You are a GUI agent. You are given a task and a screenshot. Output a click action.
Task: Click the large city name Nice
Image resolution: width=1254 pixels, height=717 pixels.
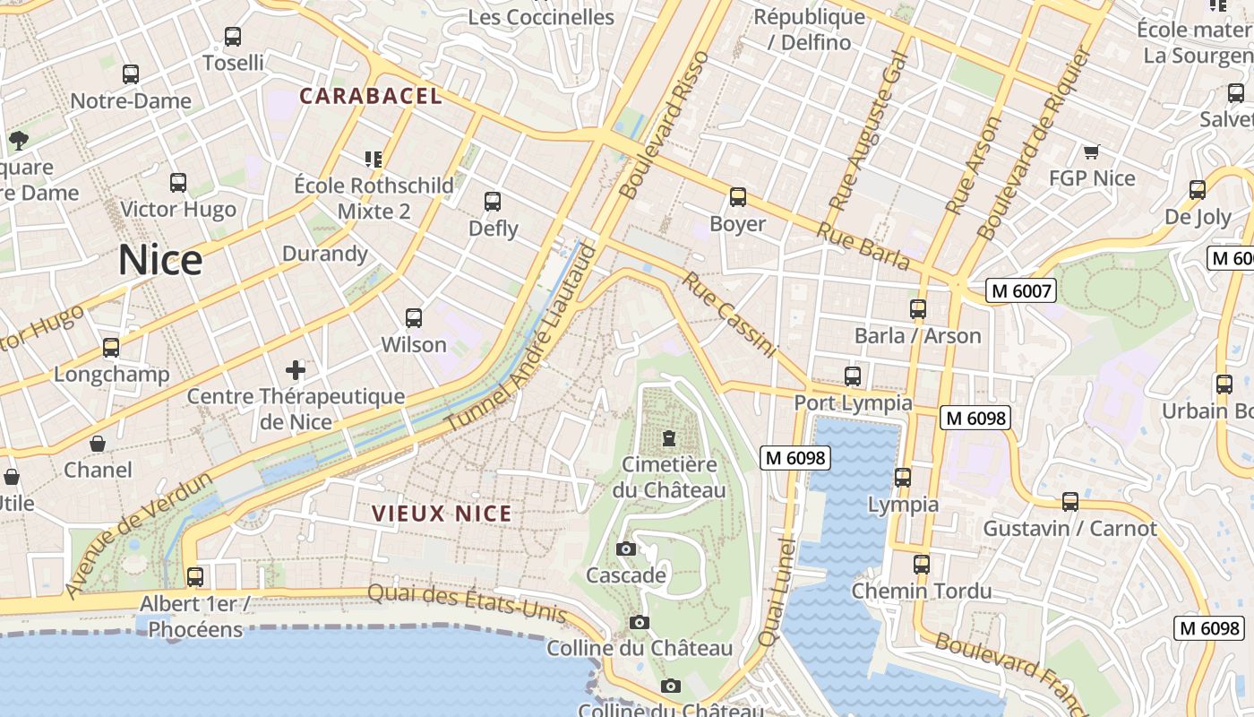(x=160, y=260)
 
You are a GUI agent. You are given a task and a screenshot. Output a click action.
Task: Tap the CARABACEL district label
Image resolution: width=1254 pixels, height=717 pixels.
(x=371, y=96)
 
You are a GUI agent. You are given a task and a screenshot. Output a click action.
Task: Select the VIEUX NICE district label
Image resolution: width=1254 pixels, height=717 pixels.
(x=442, y=514)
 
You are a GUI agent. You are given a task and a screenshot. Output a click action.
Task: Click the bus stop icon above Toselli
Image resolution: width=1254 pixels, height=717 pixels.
(x=233, y=37)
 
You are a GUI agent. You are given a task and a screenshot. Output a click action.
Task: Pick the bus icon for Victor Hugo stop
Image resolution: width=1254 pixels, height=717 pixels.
(x=178, y=183)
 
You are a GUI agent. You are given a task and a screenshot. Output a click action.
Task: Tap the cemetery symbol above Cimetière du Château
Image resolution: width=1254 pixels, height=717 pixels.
(x=668, y=438)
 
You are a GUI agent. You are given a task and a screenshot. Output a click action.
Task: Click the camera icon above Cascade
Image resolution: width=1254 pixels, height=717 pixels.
(x=626, y=549)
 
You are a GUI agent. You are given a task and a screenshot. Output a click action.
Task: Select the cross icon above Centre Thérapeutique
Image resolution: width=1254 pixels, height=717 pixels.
(x=295, y=369)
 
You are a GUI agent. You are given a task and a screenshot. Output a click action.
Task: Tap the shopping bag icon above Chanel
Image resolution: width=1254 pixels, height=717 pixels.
(x=98, y=444)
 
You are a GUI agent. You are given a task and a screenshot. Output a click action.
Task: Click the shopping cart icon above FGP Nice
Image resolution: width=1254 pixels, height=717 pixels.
(x=1091, y=151)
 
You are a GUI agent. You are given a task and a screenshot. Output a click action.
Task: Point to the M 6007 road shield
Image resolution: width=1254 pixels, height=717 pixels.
(x=1021, y=290)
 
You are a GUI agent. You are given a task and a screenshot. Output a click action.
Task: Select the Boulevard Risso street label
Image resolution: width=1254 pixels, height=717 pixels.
(x=664, y=125)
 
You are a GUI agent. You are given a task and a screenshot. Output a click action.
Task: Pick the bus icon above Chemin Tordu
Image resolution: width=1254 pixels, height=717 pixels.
(x=921, y=565)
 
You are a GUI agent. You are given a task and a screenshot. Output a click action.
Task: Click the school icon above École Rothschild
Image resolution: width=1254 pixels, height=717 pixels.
(x=374, y=160)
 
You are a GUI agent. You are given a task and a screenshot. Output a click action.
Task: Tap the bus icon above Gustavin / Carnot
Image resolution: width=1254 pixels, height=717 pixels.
(x=1069, y=502)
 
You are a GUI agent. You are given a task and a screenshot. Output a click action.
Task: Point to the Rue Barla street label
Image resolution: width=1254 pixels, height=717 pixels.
(x=863, y=245)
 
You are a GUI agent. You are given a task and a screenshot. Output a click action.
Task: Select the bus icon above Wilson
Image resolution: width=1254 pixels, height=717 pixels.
(x=413, y=318)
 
